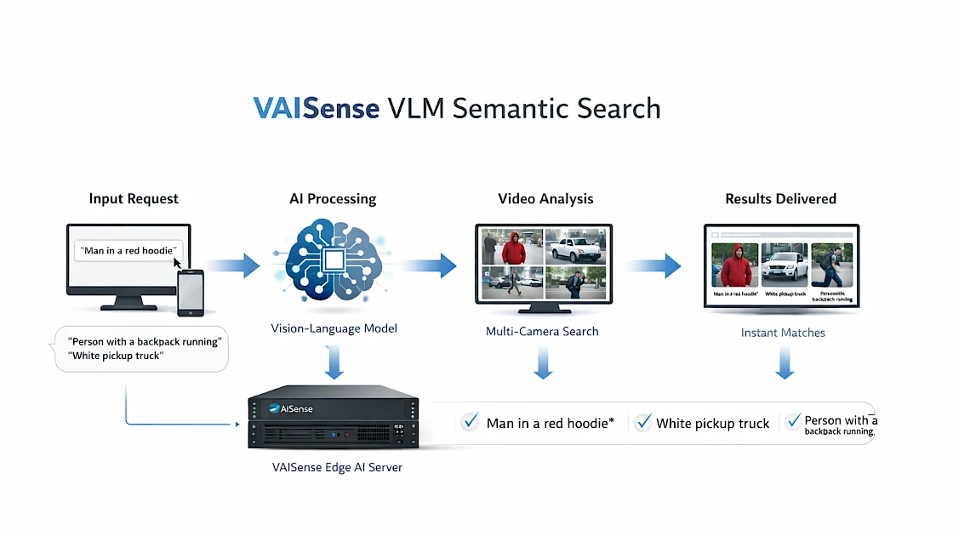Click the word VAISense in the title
click(x=316, y=109)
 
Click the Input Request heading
click(x=134, y=199)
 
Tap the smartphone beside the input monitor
click(x=191, y=292)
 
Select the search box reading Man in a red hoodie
click(x=128, y=250)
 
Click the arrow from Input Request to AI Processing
click(x=233, y=265)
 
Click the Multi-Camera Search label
click(x=542, y=331)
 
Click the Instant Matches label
click(x=782, y=333)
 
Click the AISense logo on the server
click(x=291, y=408)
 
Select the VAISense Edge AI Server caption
click(x=336, y=467)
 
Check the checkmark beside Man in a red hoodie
click(x=470, y=422)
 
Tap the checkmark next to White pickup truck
click(x=642, y=422)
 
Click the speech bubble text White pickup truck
click(x=117, y=356)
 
